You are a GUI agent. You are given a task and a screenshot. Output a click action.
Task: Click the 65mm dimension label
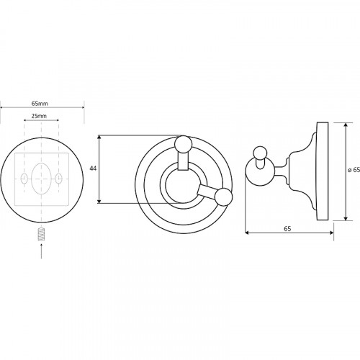pyautogui.click(x=40, y=104)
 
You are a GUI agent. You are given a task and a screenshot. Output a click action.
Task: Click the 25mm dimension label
pyautogui.click(x=39, y=116)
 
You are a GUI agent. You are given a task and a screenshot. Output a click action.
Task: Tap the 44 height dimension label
pyautogui.click(x=93, y=168)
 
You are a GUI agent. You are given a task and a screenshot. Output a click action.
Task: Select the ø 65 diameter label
pyautogui.click(x=354, y=170)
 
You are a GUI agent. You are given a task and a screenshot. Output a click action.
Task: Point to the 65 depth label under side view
pyautogui.click(x=287, y=229)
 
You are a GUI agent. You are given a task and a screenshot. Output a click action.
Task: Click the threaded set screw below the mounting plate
pyautogui.click(x=42, y=235)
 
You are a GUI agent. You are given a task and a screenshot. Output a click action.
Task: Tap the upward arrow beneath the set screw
pyautogui.click(x=42, y=251)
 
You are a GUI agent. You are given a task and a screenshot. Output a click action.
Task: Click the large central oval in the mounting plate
pyautogui.click(x=41, y=179)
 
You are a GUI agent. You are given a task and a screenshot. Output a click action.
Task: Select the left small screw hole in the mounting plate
pyautogui.click(x=24, y=179)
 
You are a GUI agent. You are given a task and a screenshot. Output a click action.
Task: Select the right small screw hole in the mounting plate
pyautogui.click(x=59, y=179)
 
